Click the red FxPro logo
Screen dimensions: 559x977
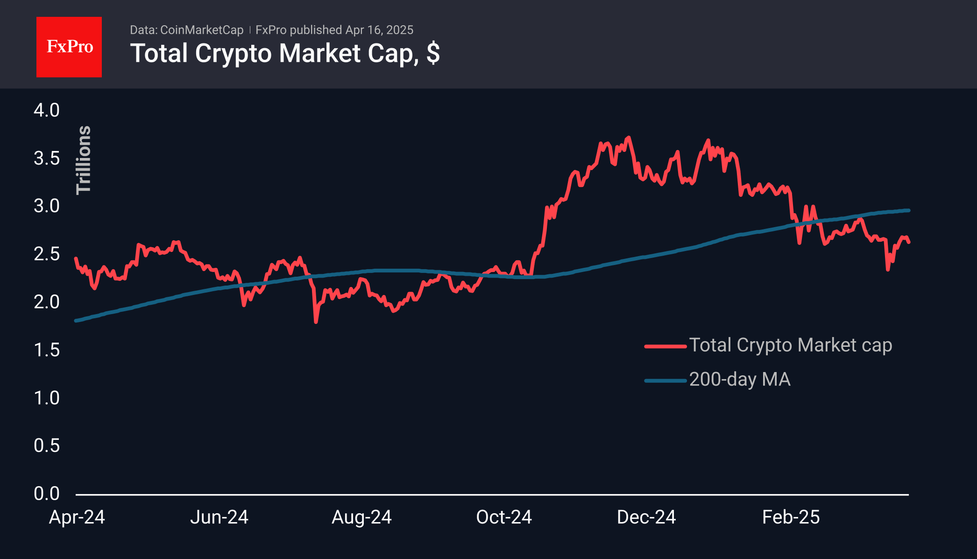(69, 47)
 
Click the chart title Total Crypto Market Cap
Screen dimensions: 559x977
(284, 53)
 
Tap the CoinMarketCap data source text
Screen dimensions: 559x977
(201, 30)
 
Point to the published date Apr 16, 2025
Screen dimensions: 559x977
(379, 30)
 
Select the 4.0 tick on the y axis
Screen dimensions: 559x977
(47, 110)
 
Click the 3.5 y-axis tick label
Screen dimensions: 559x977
(47, 158)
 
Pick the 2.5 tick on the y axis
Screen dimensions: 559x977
(47, 254)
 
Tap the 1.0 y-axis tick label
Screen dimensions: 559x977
(47, 398)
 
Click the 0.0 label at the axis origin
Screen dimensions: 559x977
(47, 494)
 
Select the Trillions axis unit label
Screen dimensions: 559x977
(84, 160)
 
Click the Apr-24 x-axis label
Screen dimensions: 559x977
(77, 517)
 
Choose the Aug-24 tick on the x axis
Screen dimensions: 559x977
(361, 517)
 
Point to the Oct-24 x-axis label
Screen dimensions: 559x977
(504, 517)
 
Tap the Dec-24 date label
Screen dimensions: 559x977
(646, 517)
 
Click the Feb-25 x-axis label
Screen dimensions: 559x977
(791, 517)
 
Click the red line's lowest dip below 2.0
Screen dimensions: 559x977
(316, 322)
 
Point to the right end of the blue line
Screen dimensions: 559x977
(908, 210)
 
